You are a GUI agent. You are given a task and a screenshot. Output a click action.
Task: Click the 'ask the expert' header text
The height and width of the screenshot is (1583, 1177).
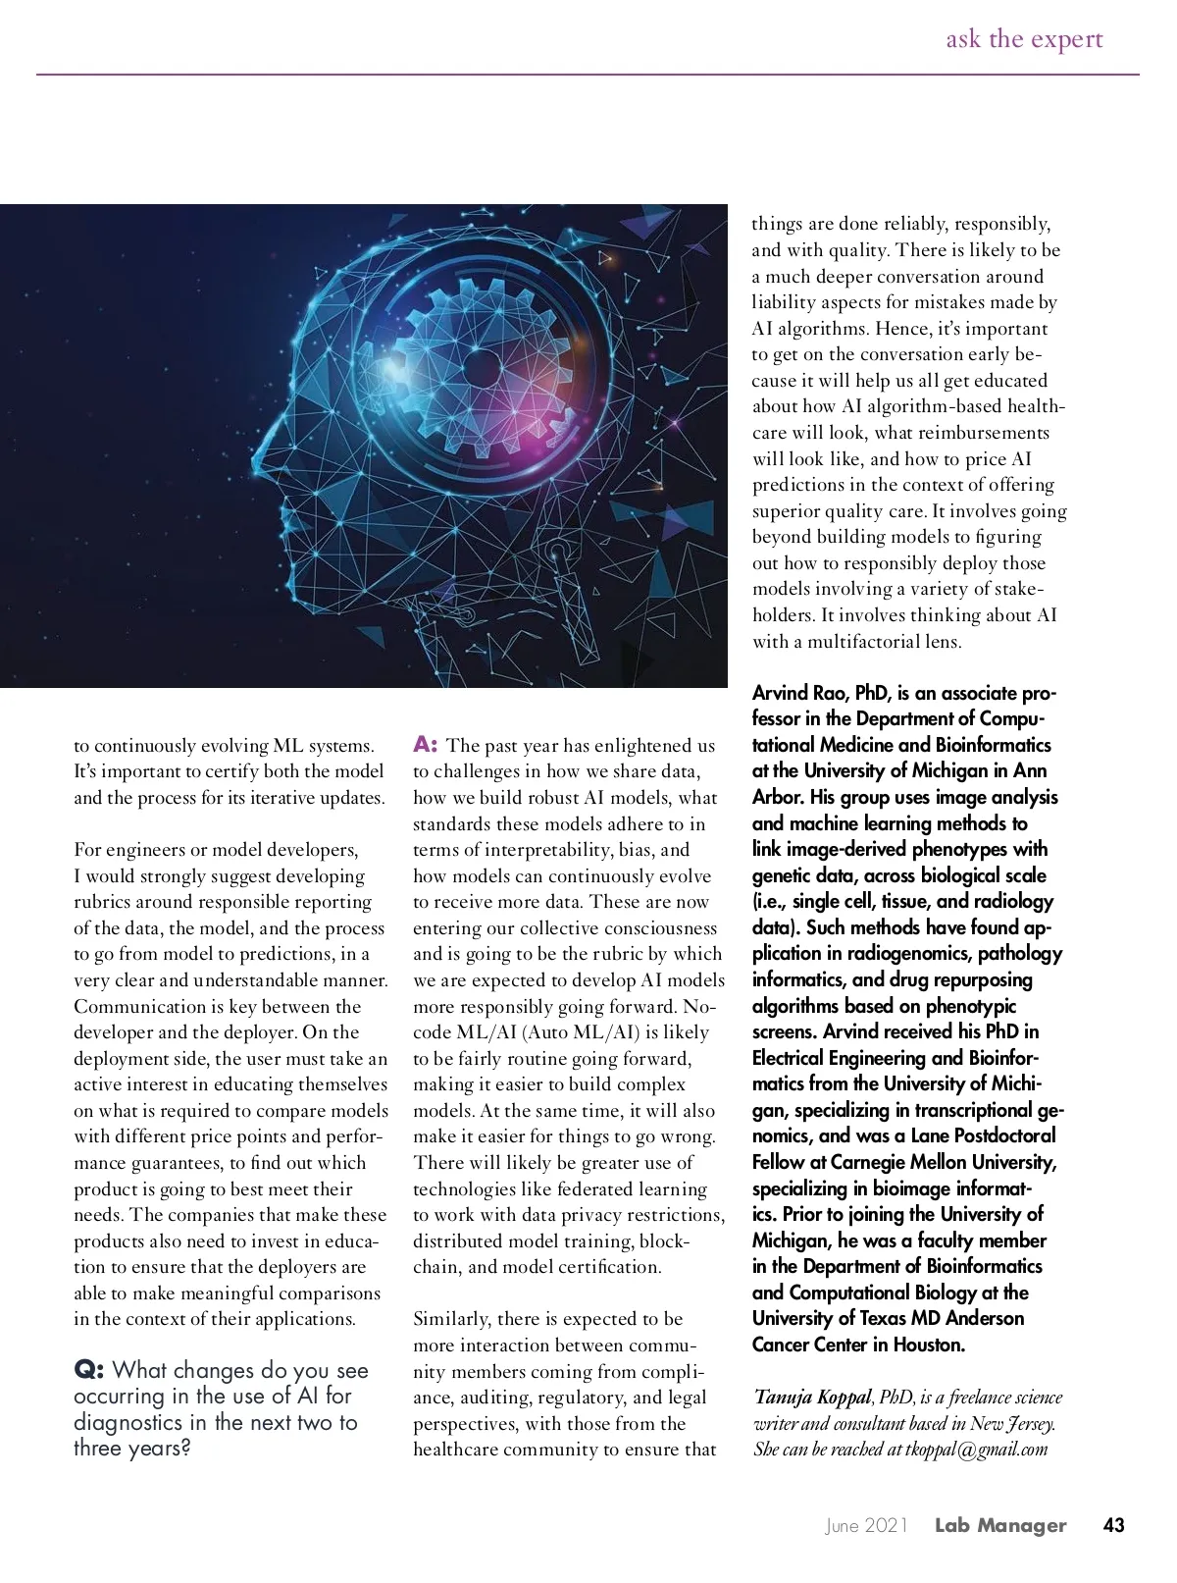pyautogui.click(x=1024, y=39)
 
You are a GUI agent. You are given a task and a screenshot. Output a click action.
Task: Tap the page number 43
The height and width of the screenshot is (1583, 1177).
pyautogui.click(x=1113, y=1525)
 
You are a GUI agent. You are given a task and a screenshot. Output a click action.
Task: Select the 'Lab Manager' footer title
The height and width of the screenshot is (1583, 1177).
pyautogui.click(x=999, y=1525)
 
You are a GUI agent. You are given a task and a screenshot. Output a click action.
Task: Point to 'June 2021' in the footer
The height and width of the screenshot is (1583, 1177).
pyautogui.click(x=866, y=1526)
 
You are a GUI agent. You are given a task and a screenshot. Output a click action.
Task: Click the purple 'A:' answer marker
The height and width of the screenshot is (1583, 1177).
pyautogui.click(x=425, y=744)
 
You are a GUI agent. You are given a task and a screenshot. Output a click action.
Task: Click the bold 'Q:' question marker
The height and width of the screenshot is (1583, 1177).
pyautogui.click(x=90, y=1370)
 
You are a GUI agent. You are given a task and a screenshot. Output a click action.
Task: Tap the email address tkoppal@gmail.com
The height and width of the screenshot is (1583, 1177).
pyautogui.click(x=976, y=1450)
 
